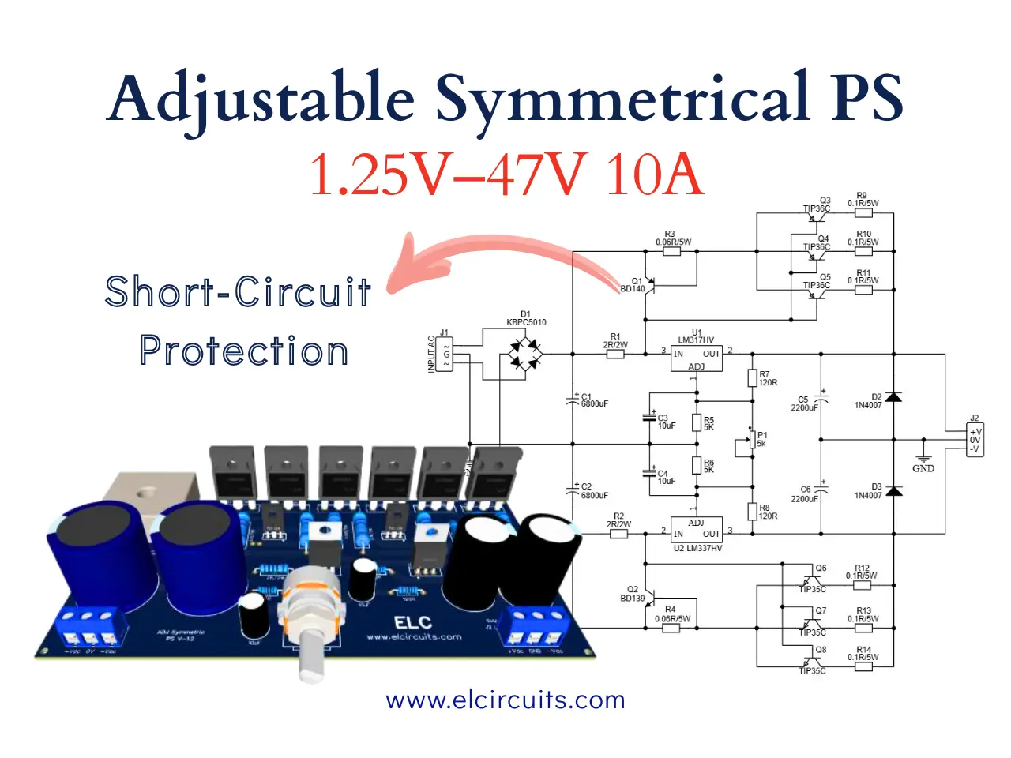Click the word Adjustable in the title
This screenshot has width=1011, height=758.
[261, 99]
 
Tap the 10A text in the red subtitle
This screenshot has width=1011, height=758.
[653, 174]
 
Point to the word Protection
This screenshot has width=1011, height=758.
[243, 351]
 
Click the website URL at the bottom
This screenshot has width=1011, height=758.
[505, 700]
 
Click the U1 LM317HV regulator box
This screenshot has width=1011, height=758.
[696, 355]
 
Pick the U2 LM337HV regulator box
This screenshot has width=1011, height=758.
[696, 534]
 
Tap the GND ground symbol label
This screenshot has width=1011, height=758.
[923, 468]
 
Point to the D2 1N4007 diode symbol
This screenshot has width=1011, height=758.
[893, 397]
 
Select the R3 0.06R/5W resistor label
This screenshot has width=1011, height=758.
[673, 238]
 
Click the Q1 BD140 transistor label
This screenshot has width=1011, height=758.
[633, 285]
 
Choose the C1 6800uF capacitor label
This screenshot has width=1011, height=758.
[593, 400]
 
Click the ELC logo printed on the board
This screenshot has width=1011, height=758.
[412, 623]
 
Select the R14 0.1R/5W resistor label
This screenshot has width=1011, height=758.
[863, 654]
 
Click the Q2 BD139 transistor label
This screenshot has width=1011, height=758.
[633, 594]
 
